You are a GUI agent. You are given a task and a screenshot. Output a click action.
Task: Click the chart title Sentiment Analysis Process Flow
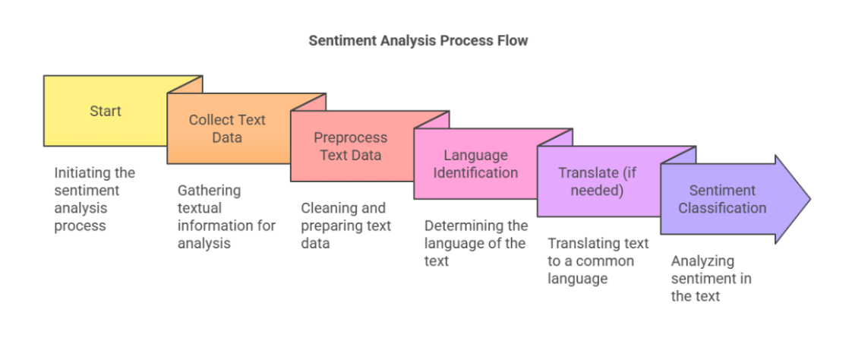point(418,41)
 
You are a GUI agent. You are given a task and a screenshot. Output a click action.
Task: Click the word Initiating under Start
point(78,173)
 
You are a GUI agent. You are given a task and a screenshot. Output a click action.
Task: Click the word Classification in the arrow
point(722,208)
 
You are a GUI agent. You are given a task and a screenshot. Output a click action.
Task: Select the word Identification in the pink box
point(475,172)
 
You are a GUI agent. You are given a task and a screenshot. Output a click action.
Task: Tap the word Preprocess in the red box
point(350,137)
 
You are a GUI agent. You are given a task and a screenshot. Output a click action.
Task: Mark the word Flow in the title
point(513,41)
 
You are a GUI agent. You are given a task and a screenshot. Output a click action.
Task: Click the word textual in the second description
point(199,208)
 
